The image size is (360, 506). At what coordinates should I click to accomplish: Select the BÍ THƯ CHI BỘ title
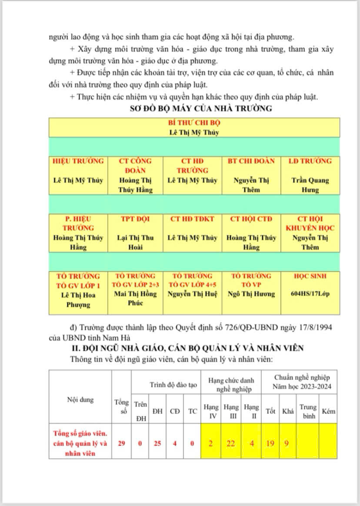(x=194, y=123)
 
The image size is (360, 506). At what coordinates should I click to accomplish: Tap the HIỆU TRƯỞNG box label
(x=78, y=161)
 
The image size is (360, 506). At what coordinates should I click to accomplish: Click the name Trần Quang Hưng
(x=310, y=185)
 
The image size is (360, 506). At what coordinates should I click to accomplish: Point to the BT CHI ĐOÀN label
(x=251, y=161)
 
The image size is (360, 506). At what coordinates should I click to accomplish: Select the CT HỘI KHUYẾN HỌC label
(x=310, y=223)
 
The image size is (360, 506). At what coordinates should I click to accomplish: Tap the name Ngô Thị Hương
(x=251, y=295)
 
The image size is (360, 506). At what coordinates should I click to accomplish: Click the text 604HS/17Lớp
(x=310, y=295)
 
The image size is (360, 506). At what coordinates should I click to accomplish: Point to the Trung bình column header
(x=308, y=411)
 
